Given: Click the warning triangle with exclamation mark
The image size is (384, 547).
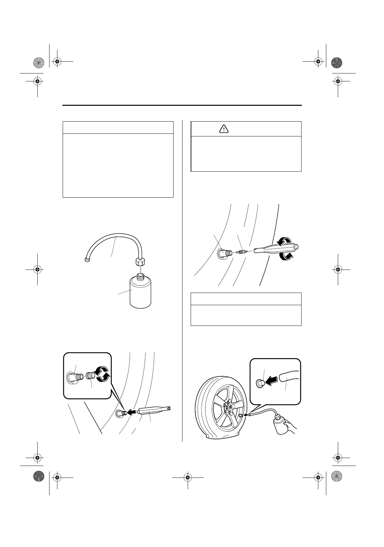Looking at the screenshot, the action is tap(224, 129).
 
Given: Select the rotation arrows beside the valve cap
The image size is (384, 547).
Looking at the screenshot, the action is tap(103, 375).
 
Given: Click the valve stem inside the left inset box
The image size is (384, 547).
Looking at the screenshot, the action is tap(75, 376).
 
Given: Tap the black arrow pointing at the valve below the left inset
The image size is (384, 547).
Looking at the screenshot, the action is tap(132, 412).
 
